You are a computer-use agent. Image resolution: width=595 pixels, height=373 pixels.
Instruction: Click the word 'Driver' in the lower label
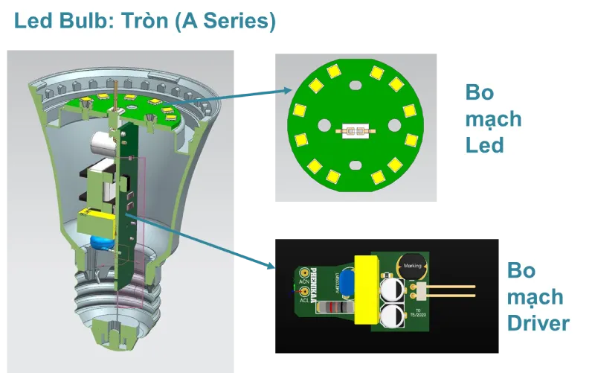(x=538, y=323)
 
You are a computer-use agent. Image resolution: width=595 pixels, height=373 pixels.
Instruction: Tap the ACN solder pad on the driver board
(x=304, y=274)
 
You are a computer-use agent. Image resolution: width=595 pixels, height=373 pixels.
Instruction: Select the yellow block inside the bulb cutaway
(x=93, y=221)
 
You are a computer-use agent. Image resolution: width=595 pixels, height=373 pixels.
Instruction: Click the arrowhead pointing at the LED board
(x=287, y=91)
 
